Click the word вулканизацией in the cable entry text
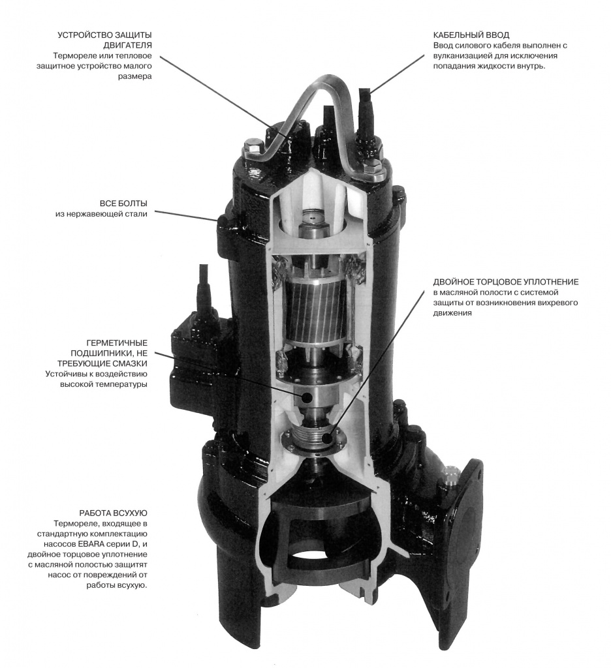(463, 56)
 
